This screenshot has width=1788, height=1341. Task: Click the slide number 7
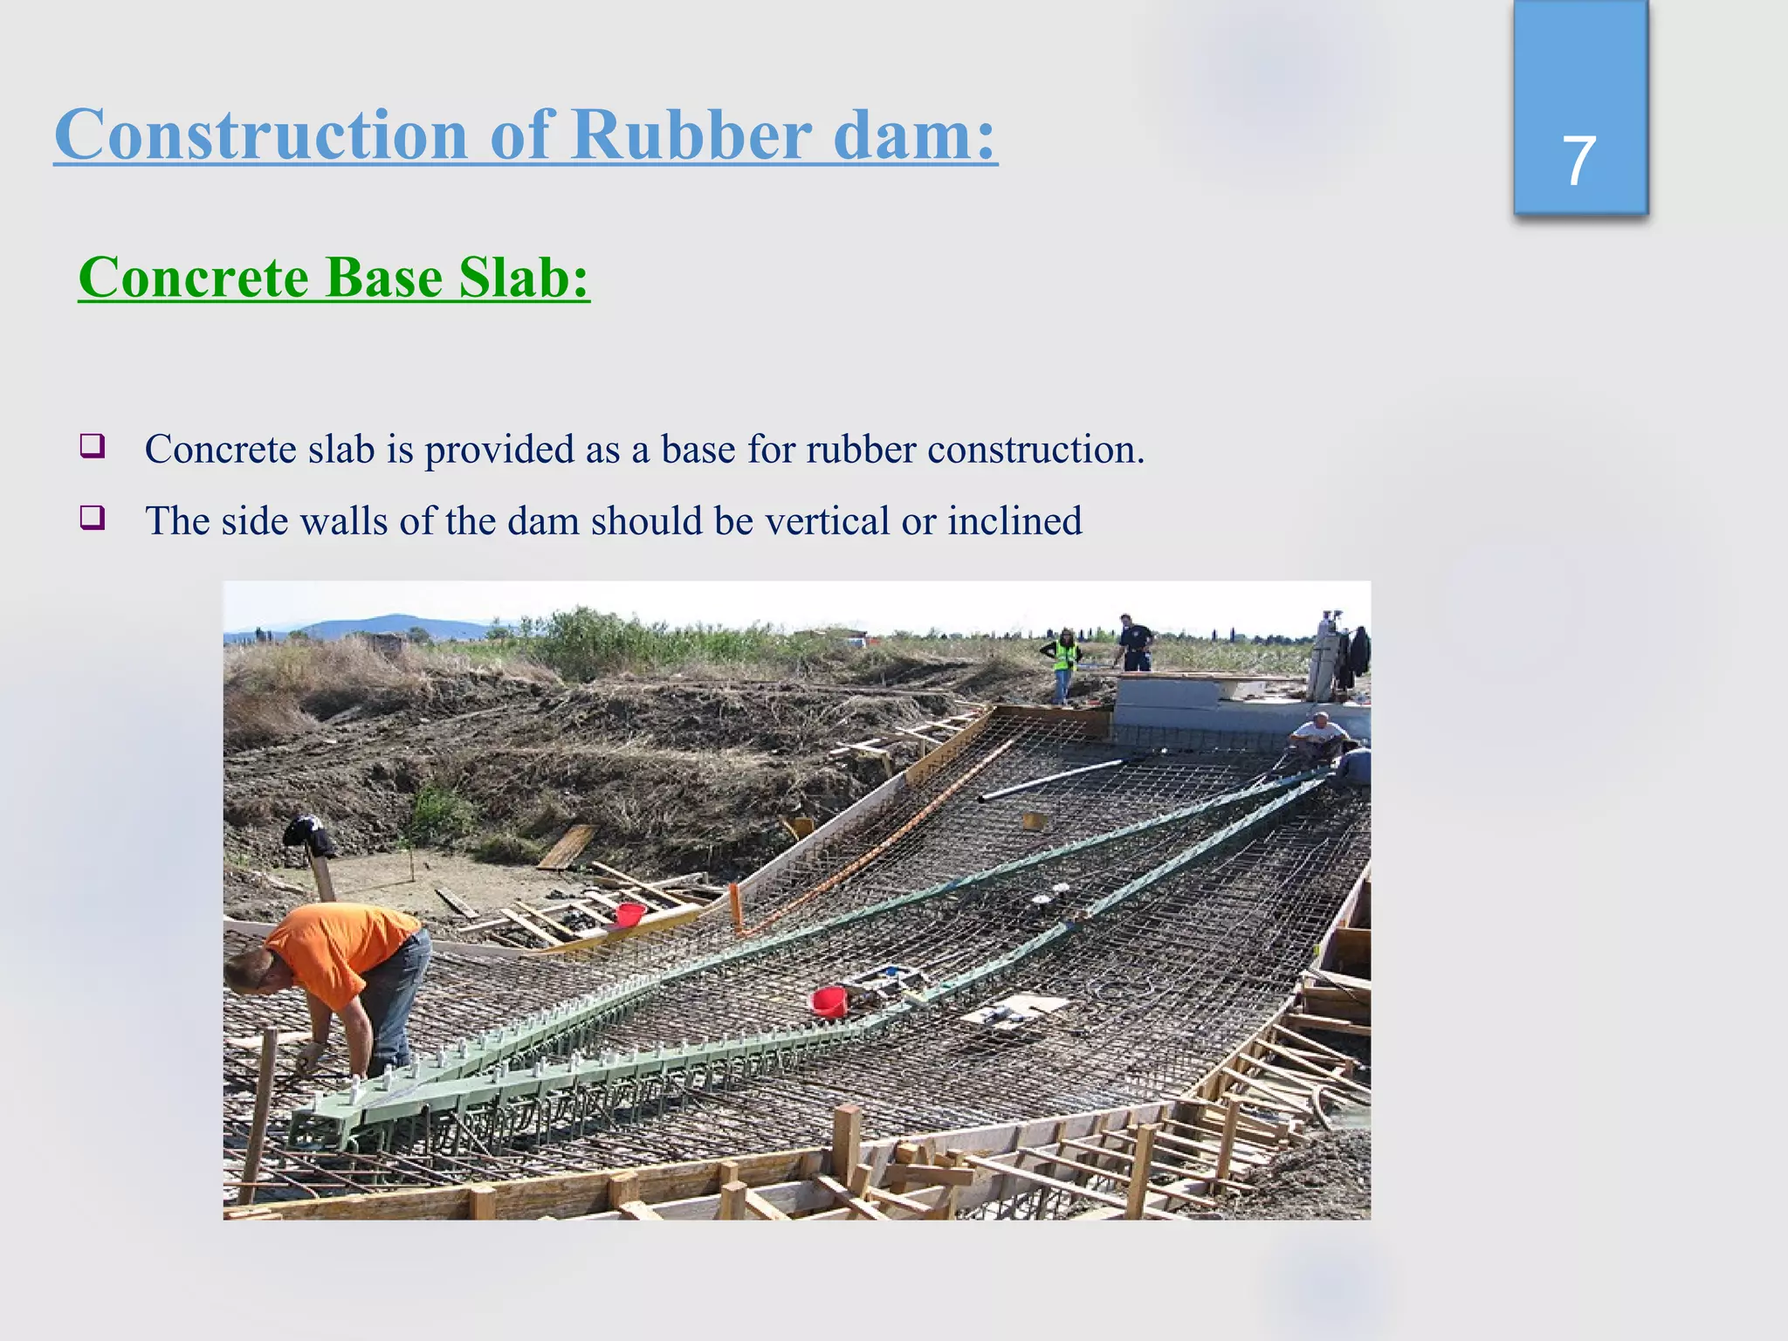(1578, 162)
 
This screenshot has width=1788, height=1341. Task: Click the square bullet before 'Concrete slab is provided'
(93, 447)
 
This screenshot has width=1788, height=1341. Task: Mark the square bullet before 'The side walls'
(93, 519)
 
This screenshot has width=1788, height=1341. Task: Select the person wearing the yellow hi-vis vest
(1063, 661)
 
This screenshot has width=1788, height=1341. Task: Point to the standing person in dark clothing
(1135, 644)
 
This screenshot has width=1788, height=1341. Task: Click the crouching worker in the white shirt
(1318, 738)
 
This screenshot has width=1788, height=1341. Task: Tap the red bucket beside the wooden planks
(629, 914)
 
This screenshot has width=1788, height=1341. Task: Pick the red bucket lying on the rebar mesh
(829, 1001)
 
